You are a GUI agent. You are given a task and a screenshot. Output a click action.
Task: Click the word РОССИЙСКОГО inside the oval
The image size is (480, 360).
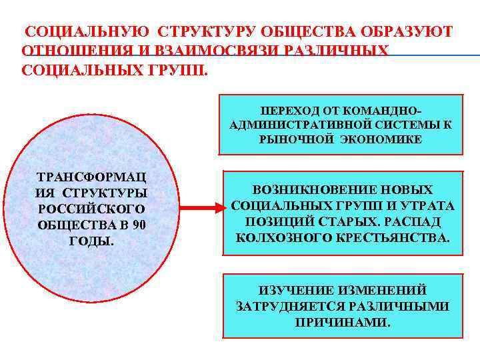(x=91, y=209)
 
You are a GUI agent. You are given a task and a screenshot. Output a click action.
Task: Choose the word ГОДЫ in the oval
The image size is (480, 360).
(x=91, y=240)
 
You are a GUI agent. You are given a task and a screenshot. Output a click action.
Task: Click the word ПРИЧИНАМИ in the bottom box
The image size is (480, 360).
(x=343, y=322)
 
